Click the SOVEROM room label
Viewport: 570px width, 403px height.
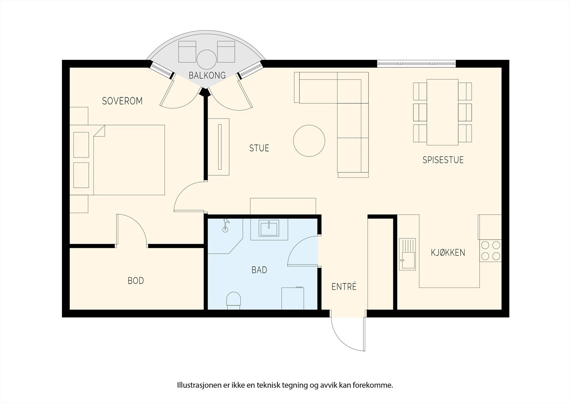click(x=122, y=101)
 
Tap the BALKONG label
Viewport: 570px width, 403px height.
click(x=207, y=75)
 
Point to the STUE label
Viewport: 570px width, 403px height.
click(x=259, y=148)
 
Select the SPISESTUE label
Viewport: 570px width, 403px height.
click(x=443, y=160)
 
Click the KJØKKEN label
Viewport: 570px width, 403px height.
click(x=448, y=253)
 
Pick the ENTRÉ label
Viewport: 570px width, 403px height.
click(x=344, y=286)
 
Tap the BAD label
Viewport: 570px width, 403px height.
click(x=259, y=270)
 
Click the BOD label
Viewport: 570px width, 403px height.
click(x=136, y=281)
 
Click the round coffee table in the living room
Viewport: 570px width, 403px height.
click(x=309, y=141)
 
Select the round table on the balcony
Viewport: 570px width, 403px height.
click(x=207, y=60)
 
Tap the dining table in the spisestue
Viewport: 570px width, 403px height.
click(x=442, y=112)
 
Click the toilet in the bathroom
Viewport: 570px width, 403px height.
click(x=234, y=301)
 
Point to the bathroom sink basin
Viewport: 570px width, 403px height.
click(x=269, y=228)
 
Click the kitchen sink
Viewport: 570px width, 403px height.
click(x=408, y=254)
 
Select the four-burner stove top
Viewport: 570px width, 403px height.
click(x=491, y=251)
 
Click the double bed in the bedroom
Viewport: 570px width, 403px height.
click(x=129, y=160)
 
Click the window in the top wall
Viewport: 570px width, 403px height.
click(x=416, y=64)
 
